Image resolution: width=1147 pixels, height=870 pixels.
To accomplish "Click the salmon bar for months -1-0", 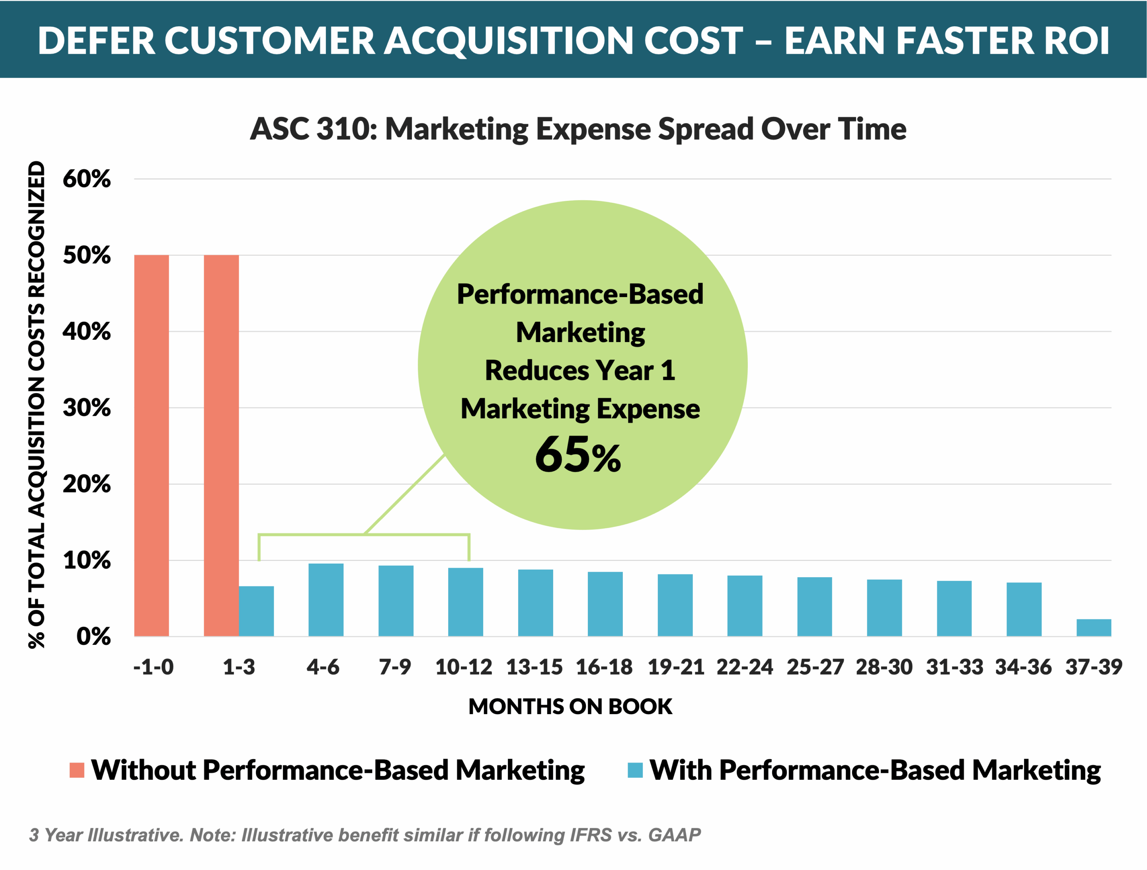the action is click(151, 446).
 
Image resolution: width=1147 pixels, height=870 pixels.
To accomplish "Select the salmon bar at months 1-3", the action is click(221, 446).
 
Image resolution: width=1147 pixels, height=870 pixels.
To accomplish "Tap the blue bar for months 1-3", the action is click(256, 611).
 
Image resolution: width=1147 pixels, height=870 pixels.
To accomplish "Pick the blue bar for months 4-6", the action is click(326, 600).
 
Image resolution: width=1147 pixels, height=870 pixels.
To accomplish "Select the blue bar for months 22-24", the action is click(745, 606).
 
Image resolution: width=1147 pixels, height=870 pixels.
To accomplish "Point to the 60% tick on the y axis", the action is click(87, 179).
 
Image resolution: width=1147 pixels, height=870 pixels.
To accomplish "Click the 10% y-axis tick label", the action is click(87, 561).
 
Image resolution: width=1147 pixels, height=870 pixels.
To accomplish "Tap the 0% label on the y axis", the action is click(94, 637).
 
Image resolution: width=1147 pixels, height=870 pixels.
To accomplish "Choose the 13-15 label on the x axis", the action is click(534, 667).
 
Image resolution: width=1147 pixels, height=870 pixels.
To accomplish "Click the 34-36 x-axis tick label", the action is click(1024, 667).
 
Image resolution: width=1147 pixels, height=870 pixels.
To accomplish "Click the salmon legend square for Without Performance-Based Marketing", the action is click(77, 771).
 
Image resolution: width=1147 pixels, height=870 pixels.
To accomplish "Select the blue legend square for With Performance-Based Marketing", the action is click(635, 771).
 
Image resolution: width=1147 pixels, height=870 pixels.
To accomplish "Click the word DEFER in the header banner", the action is click(96, 41).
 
